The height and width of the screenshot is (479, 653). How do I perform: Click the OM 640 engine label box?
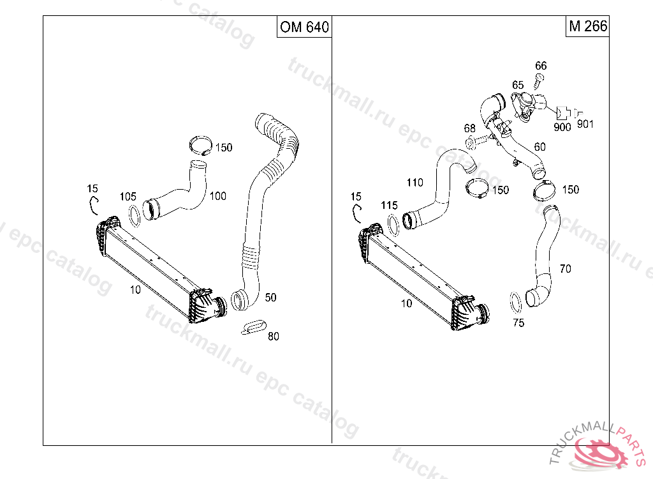coord(304,27)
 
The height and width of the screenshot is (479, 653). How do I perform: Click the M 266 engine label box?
coord(587,27)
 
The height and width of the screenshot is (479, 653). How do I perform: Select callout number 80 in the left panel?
coord(273,336)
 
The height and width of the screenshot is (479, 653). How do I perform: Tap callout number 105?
coord(128,196)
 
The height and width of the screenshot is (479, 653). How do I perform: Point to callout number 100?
coord(218,196)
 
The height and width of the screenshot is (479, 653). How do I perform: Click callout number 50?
coord(270,297)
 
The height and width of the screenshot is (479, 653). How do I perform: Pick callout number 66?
coord(541,66)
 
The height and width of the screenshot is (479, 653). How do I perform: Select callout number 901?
coord(585,124)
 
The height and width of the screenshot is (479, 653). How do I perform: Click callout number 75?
coord(518,323)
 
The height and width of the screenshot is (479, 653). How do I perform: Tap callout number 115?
coord(389,206)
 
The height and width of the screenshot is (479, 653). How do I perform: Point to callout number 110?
coord(415,183)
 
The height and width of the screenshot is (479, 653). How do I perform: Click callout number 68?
coord(469,128)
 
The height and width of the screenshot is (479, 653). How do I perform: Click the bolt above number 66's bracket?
coord(539,80)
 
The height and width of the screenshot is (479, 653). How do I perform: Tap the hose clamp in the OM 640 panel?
coord(201,146)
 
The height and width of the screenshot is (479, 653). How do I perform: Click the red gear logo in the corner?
coord(599,453)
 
